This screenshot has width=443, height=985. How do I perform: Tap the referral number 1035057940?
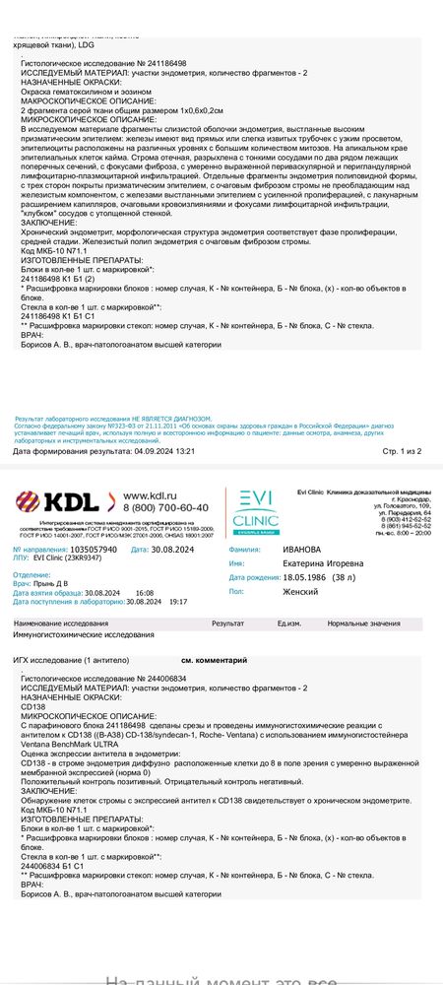coord(87,549)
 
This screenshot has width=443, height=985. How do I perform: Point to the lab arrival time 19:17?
coord(178,600)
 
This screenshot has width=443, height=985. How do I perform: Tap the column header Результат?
coord(228,624)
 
